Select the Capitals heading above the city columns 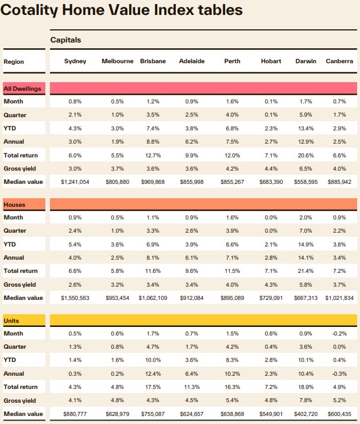click(65, 40)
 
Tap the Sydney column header click(75, 61)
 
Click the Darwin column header click(305, 61)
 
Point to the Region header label click(14, 61)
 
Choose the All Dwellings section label click(22, 88)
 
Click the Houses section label click(14, 205)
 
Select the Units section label click(12, 320)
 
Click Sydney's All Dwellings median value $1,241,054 click(75, 182)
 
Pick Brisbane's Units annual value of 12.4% click(152, 374)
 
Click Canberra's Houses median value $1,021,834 click(339, 298)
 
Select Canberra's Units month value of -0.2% click(339, 334)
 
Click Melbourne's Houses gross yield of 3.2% click(117, 284)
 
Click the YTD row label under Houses click(10, 244)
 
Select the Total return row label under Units click(21, 387)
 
